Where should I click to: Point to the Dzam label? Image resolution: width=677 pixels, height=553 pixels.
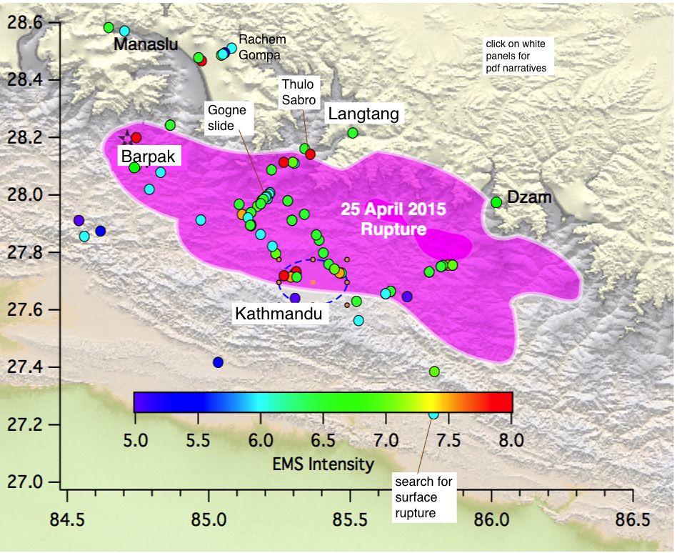(529, 198)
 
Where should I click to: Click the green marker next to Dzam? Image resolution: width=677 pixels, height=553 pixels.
(496, 202)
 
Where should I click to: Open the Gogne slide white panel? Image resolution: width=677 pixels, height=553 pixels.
(226, 118)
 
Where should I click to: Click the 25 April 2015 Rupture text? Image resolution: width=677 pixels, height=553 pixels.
(393, 219)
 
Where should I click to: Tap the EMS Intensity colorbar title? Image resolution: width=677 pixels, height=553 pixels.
(323, 464)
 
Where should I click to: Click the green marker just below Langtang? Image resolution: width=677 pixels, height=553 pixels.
(353, 133)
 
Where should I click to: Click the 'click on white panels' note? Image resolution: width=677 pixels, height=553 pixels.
(515, 56)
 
